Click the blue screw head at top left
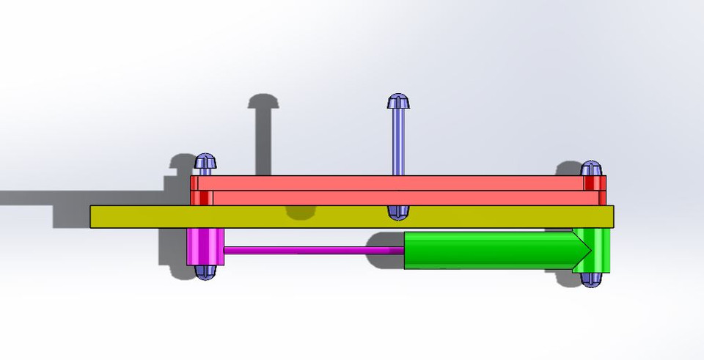click(206, 161)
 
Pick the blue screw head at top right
click(592, 169)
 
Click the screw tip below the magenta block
click(205, 272)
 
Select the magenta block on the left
click(205, 247)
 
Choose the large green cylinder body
click(484, 250)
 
